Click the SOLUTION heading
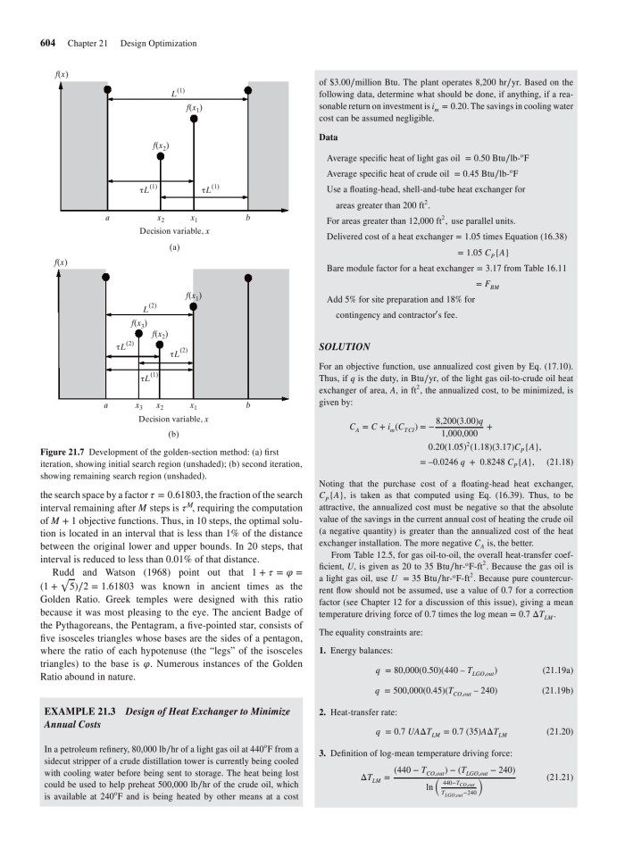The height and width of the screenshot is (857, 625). point(343,346)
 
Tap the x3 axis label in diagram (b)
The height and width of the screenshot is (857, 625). point(138,405)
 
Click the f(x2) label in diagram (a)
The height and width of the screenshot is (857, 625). point(161,145)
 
